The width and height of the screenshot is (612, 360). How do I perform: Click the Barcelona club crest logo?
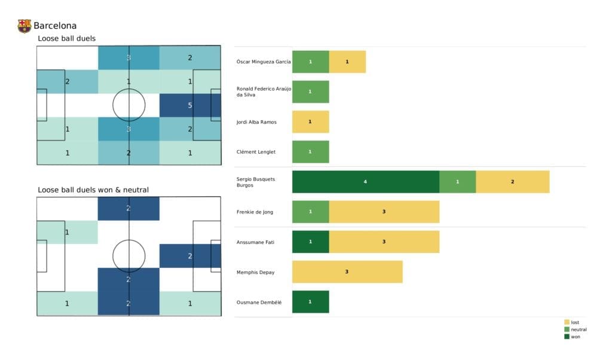24,26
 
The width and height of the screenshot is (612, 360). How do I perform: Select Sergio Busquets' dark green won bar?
365,182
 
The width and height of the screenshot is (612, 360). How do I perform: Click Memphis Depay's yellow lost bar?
347,272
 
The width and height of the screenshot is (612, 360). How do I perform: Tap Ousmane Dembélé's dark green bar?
310,302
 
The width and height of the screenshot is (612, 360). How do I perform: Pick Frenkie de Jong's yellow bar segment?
384,212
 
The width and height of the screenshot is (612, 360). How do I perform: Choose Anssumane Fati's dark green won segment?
310,242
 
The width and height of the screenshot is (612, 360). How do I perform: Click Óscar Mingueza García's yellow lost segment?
347,62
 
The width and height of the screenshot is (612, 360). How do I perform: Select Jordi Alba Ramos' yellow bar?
310,122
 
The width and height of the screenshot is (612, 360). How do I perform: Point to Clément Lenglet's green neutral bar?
310,152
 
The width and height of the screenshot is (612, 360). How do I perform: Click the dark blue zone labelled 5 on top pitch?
190,105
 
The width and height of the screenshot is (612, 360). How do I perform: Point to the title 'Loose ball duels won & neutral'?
93,190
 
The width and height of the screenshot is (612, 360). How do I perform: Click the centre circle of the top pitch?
128,105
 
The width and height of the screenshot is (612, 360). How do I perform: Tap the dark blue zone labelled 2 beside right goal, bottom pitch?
190,256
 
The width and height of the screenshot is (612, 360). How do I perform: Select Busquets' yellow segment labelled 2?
512,182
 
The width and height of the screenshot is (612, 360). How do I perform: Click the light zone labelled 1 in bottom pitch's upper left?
67,232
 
